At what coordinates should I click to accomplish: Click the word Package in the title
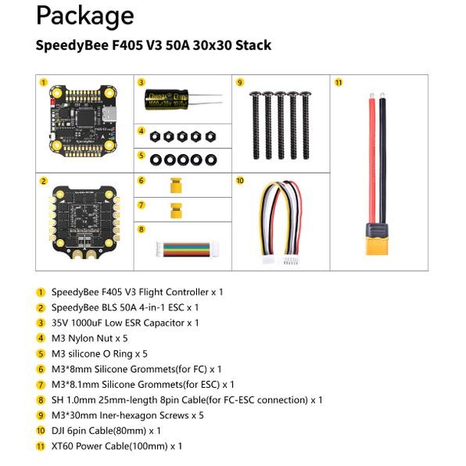pyautogui.click(x=84, y=16)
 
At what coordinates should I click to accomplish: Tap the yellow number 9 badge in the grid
pyautogui.click(x=240, y=82)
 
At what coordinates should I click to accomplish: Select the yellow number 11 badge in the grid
pyautogui.click(x=339, y=82)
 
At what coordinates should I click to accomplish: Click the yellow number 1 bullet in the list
pyautogui.click(x=41, y=292)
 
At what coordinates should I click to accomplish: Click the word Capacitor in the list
pyautogui.click(x=163, y=322)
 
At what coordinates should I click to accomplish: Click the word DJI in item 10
pyautogui.click(x=59, y=430)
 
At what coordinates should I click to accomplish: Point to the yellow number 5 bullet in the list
pyautogui.click(x=41, y=353)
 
